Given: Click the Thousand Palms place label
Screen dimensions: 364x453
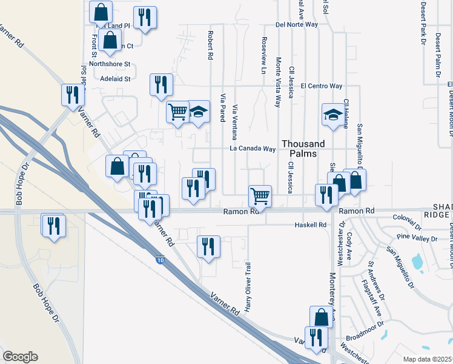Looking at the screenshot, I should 303,149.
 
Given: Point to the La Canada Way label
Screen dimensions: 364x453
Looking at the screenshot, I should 253,149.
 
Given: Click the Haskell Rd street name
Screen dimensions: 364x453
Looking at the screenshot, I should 310,225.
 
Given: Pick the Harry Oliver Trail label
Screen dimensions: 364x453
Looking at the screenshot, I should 248,286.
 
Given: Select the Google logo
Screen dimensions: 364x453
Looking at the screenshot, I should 20,357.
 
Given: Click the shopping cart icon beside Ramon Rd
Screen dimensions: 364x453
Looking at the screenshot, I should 260,195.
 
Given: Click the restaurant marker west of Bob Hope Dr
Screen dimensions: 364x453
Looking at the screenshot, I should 53,225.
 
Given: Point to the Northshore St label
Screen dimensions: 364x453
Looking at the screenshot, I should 110,64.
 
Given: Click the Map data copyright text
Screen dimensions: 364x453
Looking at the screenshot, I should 428,359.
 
